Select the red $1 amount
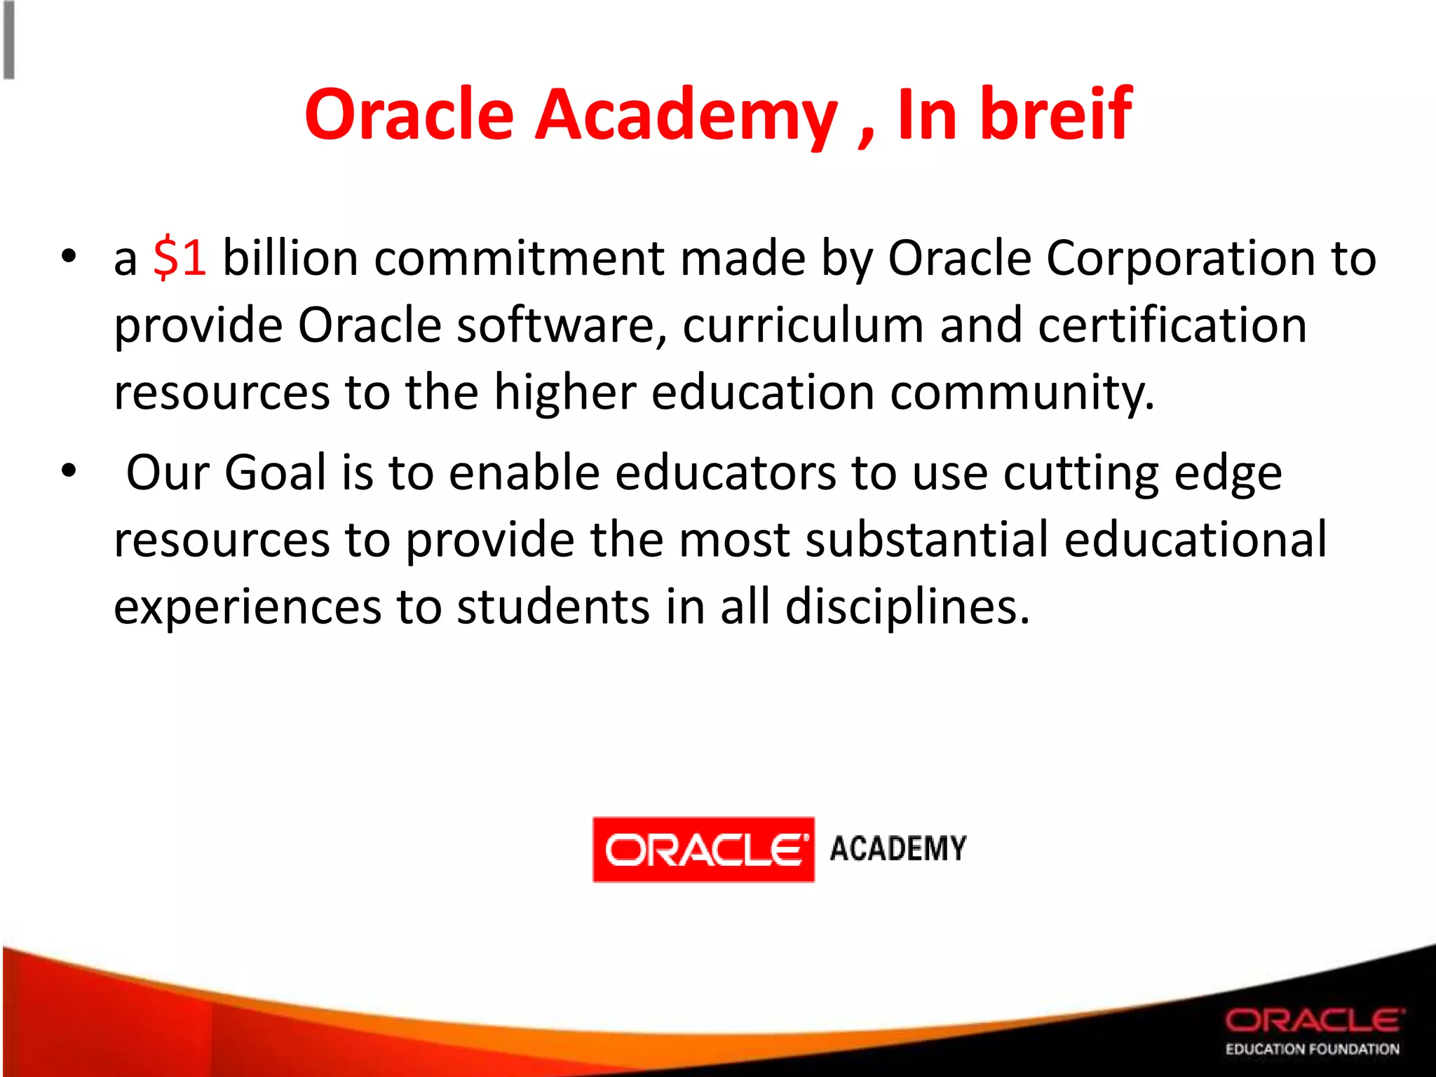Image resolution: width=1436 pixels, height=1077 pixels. point(179,258)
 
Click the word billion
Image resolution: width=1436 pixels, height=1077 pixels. point(290,258)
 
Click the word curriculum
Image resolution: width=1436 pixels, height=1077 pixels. point(803,326)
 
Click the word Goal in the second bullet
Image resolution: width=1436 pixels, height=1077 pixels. point(275,472)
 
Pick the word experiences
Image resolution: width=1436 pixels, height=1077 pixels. point(248,607)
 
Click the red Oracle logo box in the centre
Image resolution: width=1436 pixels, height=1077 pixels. point(703,849)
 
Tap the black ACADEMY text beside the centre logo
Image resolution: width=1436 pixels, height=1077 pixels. point(898,848)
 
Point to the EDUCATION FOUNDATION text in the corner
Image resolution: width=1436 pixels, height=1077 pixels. point(1312,1049)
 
